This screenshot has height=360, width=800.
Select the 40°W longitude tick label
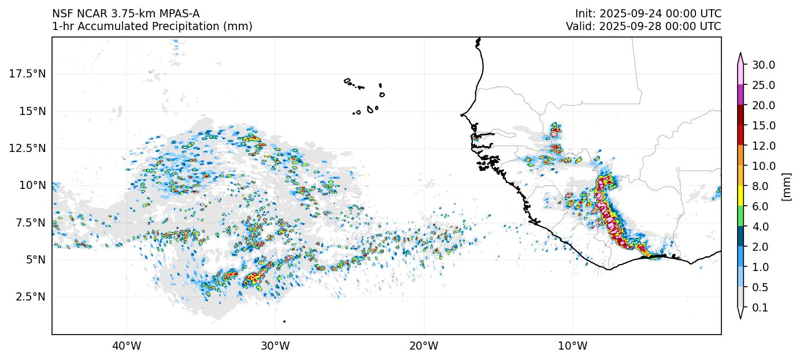126,346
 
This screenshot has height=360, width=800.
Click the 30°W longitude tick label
275,346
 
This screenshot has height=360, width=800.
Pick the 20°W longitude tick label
424,346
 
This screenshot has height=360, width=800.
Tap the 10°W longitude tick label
573,346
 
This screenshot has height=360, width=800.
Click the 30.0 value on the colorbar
763,65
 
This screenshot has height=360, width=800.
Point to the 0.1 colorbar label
760,308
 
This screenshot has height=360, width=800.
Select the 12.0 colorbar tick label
763,146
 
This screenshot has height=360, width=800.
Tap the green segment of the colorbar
740,216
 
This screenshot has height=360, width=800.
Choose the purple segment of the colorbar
740,95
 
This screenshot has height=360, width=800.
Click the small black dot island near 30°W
284,321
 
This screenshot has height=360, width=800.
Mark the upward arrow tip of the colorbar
740,54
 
